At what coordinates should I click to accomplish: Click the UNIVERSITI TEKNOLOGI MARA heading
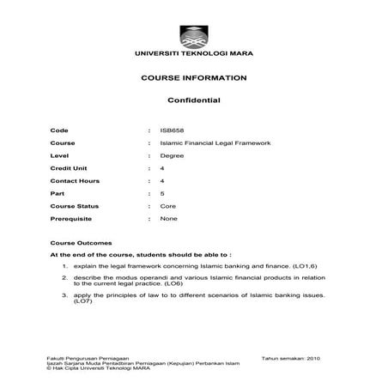(193, 54)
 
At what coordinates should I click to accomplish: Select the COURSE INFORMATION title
(193, 78)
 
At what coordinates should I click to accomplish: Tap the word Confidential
(193, 100)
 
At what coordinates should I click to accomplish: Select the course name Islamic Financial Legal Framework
(209, 141)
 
